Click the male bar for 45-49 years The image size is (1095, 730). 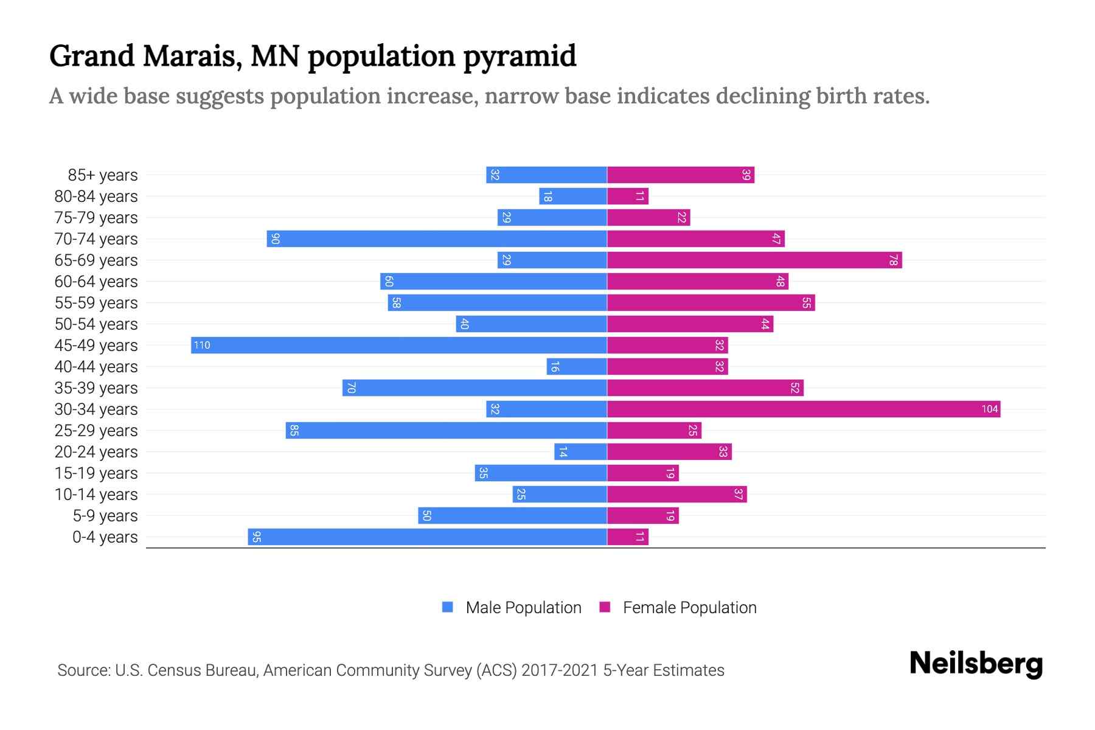398,345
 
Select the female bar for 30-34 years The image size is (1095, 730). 803,409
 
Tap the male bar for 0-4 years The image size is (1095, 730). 427,537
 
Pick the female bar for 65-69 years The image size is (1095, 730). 754,260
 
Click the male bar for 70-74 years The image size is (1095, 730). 436,238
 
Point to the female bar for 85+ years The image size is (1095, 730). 680,175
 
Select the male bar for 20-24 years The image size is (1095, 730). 580,451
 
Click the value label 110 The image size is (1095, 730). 202,346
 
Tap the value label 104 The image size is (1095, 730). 989,409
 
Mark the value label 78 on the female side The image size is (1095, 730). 893,260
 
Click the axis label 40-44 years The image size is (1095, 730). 96,367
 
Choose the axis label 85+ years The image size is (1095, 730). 103,175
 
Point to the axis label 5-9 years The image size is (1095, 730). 105,516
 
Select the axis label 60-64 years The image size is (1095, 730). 96,282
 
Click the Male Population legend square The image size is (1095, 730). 448,607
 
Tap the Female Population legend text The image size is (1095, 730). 689,607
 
